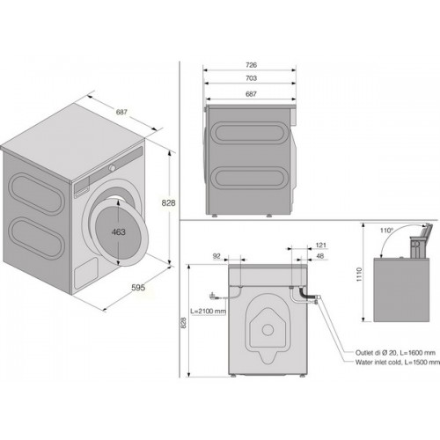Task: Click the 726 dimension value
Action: click(252, 65)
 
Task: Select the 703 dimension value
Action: click(252, 78)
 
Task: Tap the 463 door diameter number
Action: click(119, 232)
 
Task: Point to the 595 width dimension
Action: click(138, 288)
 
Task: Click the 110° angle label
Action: click(386, 231)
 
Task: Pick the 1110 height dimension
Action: click(359, 275)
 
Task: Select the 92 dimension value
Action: click(216, 256)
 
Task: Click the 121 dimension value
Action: click(321, 245)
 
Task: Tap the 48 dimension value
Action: click(320, 256)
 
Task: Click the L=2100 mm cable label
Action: click(208, 312)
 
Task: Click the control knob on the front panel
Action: click(112, 168)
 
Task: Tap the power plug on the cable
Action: click(213, 297)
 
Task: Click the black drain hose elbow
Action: click(304, 294)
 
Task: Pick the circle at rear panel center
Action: click(268, 330)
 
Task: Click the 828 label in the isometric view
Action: click(168, 202)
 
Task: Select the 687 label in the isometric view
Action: click(121, 112)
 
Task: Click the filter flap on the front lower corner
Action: click(85, 274)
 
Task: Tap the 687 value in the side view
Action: click(252, 94)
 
